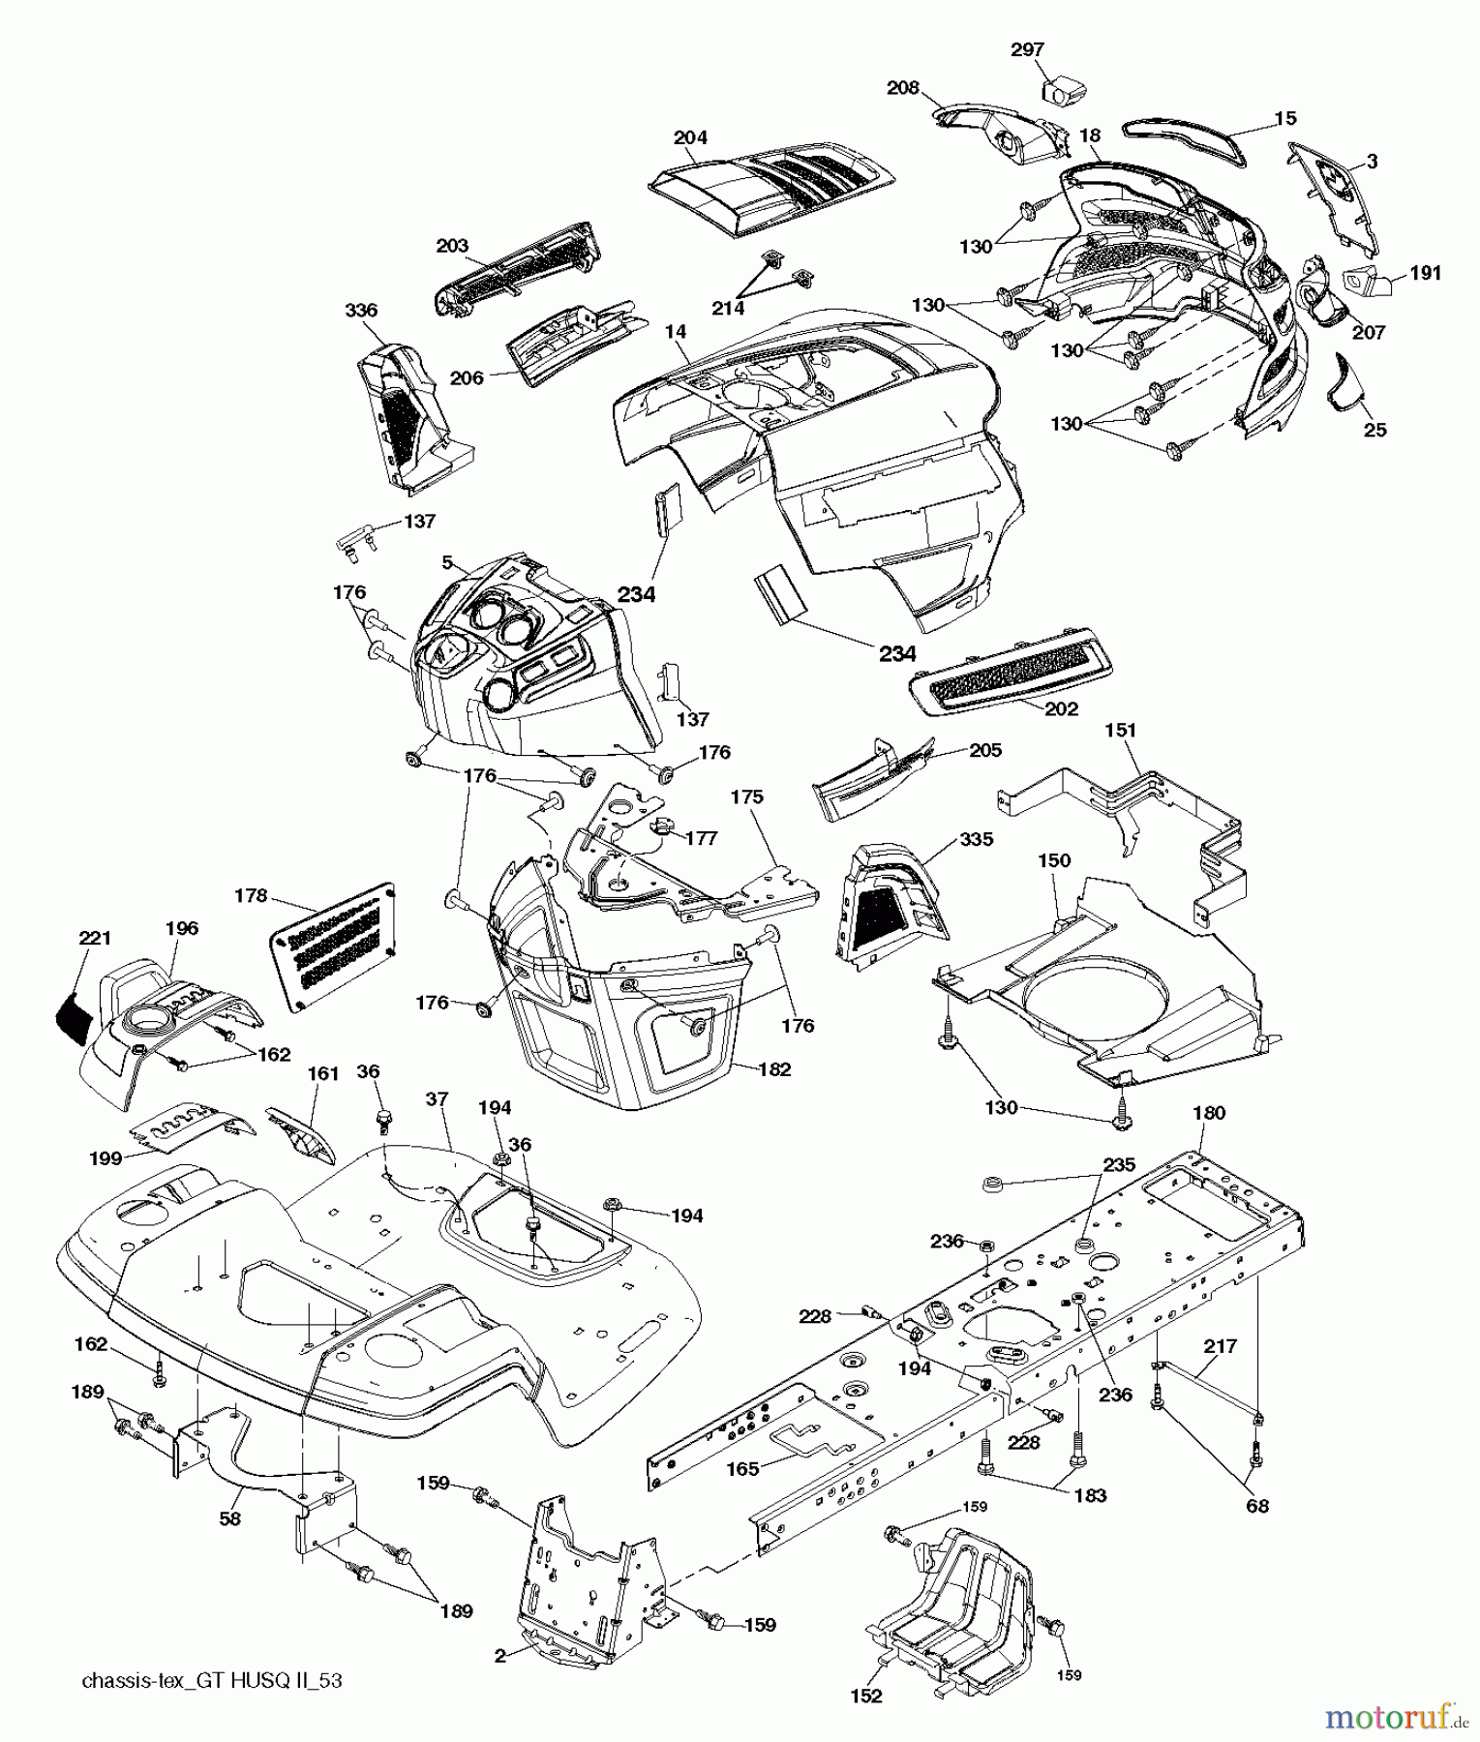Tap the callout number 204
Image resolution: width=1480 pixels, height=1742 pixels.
pyautogui.click(x=690, y=137)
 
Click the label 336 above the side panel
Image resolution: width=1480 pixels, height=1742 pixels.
pyautogui.click(x=361, y=311)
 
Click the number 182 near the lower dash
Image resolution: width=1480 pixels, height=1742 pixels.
pyautogui.click(x=774, y=1069)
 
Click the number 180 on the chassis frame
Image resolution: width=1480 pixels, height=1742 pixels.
pyautogui.click(x=1209, y=1113)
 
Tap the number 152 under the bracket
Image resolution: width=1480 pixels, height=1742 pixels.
pyautogui.click(x=866, y=1695)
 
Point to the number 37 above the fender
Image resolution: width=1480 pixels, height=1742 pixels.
pyautogui.click(x=438, y=1099)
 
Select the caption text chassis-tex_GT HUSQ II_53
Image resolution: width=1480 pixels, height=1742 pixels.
pyautogui.click(x=212, y=1681)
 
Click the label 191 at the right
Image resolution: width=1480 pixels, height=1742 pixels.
pyautogui.click(x=1425, y=274)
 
